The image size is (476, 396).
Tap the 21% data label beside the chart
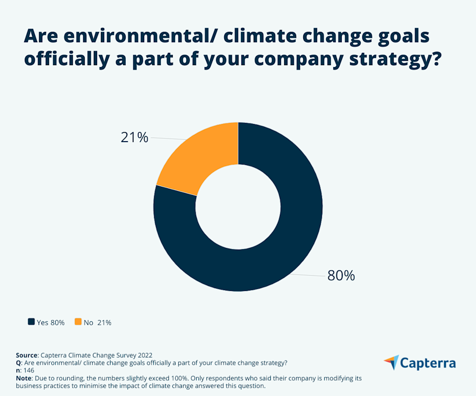point(134,137)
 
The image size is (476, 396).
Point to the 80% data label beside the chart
point(341,276)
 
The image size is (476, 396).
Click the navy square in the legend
point(31,322)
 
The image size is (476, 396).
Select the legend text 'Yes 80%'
point(50,322)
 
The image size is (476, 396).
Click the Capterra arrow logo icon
point(391,362)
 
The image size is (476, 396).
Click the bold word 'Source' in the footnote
point(26,355)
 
